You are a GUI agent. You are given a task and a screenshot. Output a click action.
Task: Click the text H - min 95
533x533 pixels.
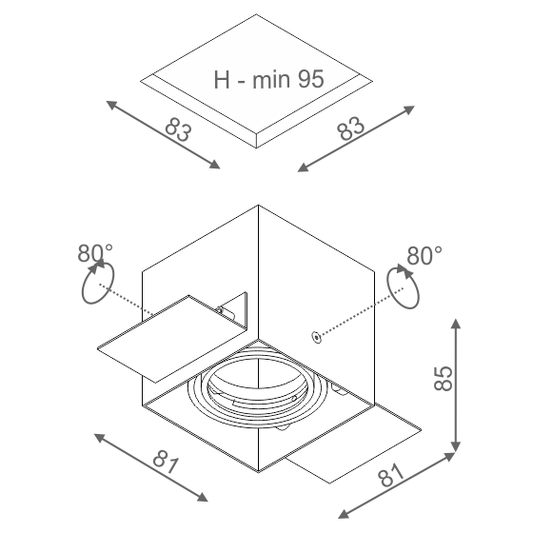point(268,80)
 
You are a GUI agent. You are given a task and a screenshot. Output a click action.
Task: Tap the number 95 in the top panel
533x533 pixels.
point(311,79)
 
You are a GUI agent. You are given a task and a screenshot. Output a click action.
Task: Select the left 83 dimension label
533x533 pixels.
point(178,129)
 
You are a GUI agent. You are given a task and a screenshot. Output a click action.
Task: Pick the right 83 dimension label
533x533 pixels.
point(351,128)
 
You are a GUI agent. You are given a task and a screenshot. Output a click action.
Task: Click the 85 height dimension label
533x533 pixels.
point(444,379)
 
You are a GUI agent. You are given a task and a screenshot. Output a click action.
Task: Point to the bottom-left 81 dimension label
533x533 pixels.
point(166,462)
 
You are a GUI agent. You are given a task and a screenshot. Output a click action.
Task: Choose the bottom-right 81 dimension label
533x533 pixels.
point(391,475)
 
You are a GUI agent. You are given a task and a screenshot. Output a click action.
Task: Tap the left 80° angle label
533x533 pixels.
point(95,253)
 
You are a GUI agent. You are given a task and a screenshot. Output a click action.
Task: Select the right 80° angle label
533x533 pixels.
point(424,256)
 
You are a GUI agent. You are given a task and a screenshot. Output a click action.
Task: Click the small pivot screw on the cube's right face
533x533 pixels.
point(316,338)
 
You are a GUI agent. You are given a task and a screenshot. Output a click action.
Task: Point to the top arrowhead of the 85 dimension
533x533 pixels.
point(456,323)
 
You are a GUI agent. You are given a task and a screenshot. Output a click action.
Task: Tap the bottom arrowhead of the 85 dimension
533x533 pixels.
point(456,447)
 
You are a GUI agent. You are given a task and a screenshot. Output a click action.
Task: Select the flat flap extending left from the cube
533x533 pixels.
point(172,339)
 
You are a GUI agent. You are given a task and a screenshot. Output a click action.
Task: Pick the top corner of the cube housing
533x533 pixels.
point(258,205)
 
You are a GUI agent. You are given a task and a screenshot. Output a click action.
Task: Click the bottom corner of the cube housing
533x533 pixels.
point(258,472)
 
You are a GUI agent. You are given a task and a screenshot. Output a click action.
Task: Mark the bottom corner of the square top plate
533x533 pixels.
point(256,148)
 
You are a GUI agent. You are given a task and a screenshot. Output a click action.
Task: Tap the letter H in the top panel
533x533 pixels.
point(222,80)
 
